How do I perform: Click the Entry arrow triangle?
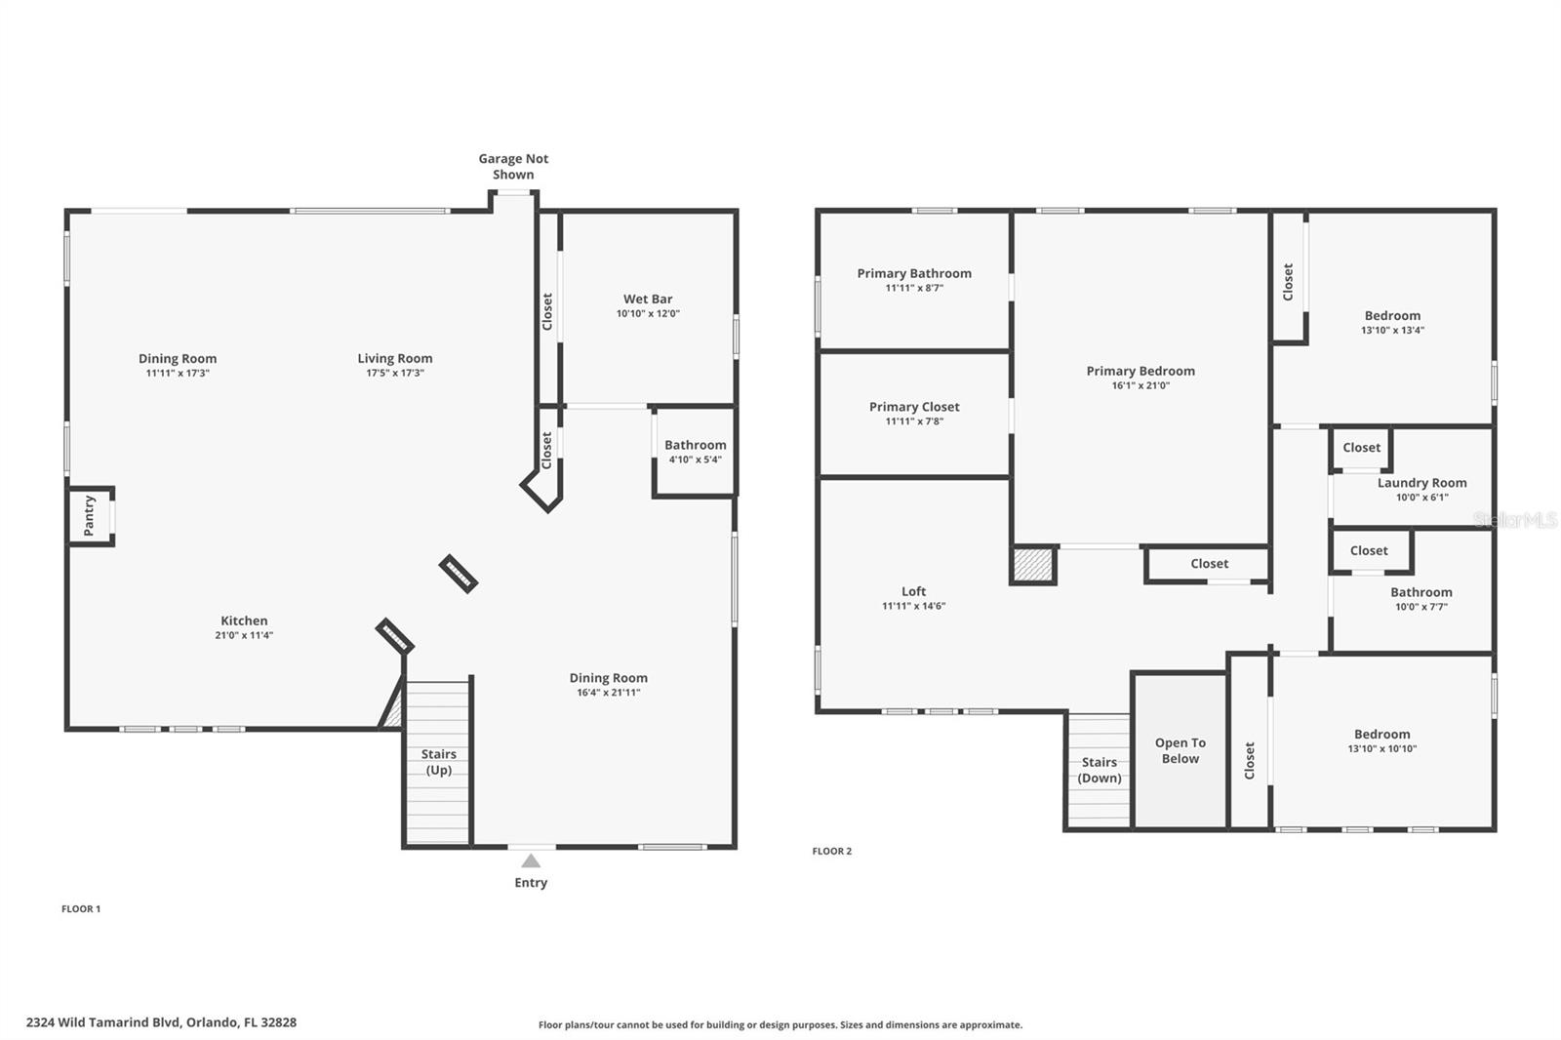(531, 860)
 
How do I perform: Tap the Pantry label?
(89, 515)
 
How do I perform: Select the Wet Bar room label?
(648, 300)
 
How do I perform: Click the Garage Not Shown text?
(513, 166)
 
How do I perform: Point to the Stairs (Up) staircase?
(438, 762)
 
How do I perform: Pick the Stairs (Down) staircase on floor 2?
(1099, 770)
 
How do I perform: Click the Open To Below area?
(1180, 750)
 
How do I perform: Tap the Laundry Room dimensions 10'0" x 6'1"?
(1421, 498)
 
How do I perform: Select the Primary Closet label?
(914, 407)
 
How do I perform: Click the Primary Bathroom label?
(914, 273)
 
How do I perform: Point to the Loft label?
(913, 591)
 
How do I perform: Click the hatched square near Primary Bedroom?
(1033, 564)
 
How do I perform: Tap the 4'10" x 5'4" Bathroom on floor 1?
(695, 452)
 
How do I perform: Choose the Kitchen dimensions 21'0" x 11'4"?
(244, 635)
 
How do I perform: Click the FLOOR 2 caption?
(831, 851)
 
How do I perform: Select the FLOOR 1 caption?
(81, 908)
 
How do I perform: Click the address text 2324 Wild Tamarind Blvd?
(161, 1022)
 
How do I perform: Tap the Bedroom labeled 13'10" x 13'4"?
(1392, 322)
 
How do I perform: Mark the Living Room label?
(394, 358)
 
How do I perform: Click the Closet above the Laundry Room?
(1361, 448)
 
